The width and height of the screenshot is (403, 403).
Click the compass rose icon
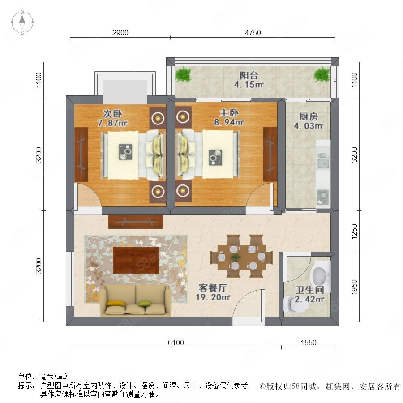point(22,22)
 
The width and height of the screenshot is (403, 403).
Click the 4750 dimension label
point(253,33)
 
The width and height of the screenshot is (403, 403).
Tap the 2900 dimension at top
point(120,33)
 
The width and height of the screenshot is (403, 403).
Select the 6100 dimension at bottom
point(176,343)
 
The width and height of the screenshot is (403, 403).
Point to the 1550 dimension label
point(309,343)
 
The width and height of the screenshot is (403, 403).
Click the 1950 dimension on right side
point(354,287)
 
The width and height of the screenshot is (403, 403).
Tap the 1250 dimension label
point(354,232)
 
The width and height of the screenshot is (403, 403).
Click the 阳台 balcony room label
point(249,75)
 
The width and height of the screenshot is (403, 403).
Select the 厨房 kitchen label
point(309,117)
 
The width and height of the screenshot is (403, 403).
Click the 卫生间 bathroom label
point(309,290)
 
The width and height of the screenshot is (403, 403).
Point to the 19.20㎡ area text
point(213,297)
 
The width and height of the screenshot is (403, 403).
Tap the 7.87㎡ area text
point(112,123)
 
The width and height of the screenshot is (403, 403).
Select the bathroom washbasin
point(320,276)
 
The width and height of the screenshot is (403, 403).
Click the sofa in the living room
point(136,301)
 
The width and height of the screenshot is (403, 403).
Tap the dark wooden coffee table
point(135,260)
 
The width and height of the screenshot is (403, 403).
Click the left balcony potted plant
point(184,74)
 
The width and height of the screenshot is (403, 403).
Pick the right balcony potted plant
point(322,74)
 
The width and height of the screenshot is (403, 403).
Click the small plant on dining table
point(236,257)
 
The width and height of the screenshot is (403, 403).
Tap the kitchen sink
point(323,160)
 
